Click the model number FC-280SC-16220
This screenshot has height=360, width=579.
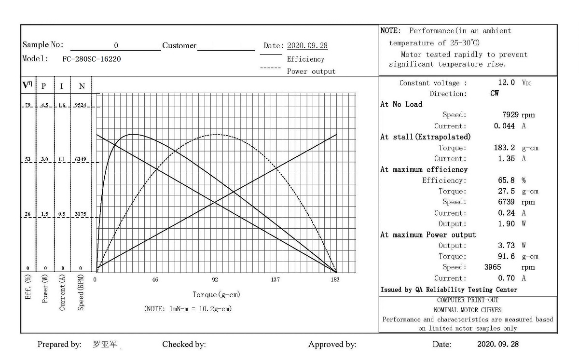tap(92, 59)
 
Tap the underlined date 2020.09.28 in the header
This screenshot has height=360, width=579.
tap(307, 46)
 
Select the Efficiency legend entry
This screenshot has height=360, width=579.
tap(305, 59)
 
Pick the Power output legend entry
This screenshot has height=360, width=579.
tap(311, 71)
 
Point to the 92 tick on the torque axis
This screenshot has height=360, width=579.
tap(215, 279)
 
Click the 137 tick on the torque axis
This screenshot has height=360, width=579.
tap(275, 279)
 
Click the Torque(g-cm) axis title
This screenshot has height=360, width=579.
tap(216, 294)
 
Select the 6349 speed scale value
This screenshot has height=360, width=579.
tap(81, 159)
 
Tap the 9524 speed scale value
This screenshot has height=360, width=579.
tap(81, 105)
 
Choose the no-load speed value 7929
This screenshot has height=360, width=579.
tap(510, 115)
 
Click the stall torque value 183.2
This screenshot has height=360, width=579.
tap(504, 148)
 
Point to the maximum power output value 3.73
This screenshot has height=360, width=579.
tap(506, 246)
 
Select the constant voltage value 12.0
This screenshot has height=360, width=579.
tap(506, 83)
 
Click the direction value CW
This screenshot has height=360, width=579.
tap(495, 94)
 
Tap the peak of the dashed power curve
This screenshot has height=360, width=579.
tap(216, 134)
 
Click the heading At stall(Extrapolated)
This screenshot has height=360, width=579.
tap(425, 137)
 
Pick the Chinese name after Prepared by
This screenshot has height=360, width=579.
tap(105, 345)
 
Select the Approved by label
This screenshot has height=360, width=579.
tap(332, 345)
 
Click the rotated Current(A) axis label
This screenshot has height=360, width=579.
tap(62, 293)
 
